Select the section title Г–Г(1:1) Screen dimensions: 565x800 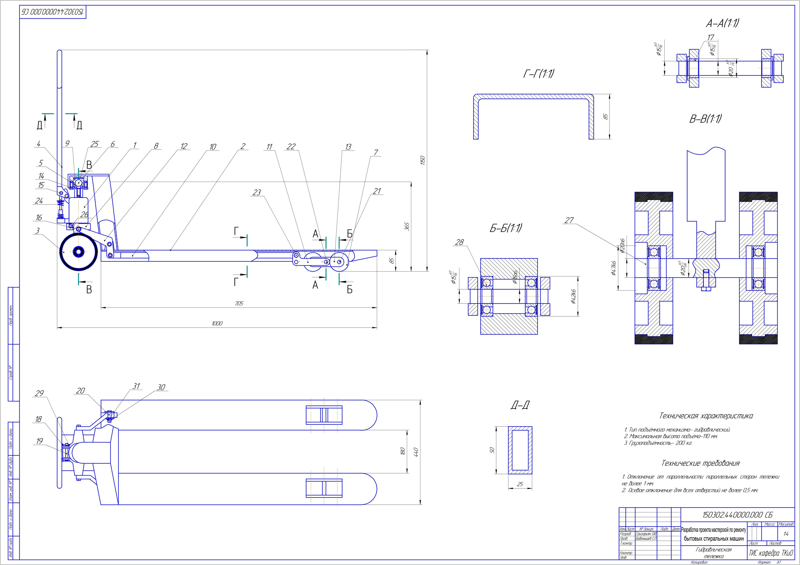pos(539,74)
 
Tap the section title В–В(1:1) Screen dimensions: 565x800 pos(705,119)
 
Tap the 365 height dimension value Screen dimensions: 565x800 pos(407,226)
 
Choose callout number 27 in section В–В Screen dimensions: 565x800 pos(569,220)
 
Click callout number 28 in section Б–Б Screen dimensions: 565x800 pos(460,242)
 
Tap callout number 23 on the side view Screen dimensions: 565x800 pos(257,192)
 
